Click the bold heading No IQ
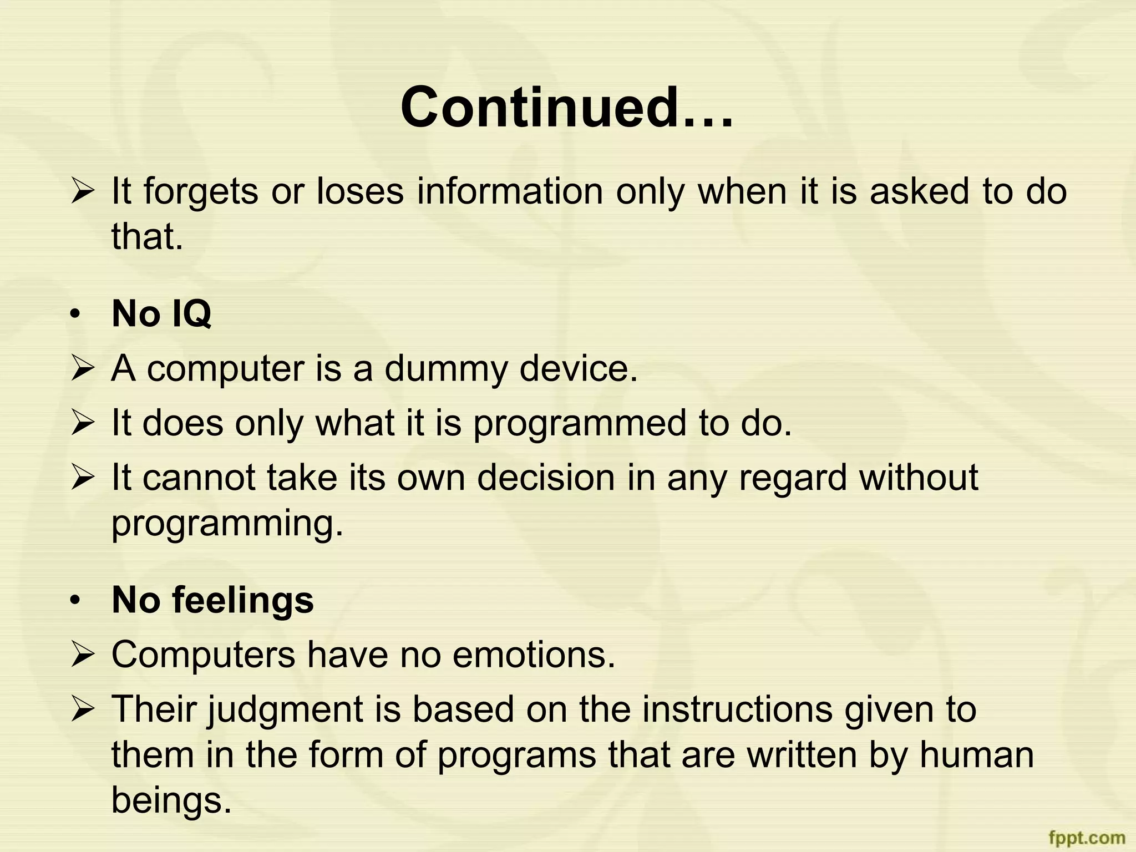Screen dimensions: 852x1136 click(161, 314)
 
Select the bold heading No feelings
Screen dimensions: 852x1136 click(212, 600)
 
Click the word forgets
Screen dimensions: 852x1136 click(200, 192)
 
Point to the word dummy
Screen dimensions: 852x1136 click(445, 369)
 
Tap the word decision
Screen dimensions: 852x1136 click(546, 478)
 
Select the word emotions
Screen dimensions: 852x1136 click(534, 655)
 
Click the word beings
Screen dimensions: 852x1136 click(171, 800)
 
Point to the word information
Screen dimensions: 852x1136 click(510, 192)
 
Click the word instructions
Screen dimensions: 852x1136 click(737, 709)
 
